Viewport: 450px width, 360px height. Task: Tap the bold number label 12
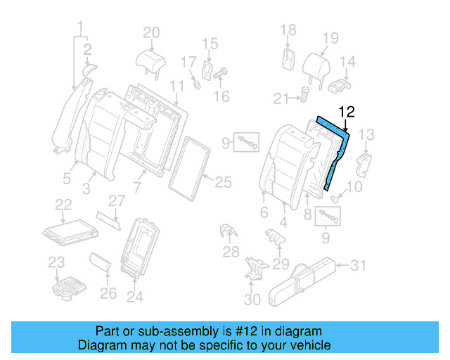(x=347, y=112)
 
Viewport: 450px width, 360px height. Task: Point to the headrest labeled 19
(x=317, y=66)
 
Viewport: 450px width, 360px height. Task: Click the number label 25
(x=223, y=182)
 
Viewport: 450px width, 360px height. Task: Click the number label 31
(x=358, y=265)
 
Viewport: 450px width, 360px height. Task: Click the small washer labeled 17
(x=196, y=86)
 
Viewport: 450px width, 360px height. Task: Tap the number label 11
(x=176, y=85)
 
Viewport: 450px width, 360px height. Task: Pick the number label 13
(x=366, y=134)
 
